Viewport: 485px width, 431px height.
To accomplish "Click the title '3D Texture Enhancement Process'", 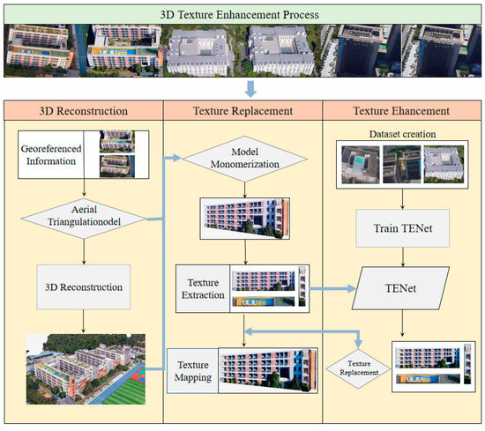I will pyautogui.click(x=242, y=13).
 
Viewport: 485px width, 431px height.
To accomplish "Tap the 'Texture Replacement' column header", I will pyautogui.click(x=244, y=113).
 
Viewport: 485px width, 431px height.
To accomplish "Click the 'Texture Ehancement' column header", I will pyautogui.click(x=403, y=113).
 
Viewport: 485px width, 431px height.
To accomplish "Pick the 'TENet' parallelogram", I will pyautogui.click(x=403, y=286).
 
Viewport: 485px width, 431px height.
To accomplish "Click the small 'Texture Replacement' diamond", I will pyautogui.click(x=360, y=368).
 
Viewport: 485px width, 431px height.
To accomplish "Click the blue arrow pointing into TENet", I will pyautogui.click(x=339, y=287).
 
